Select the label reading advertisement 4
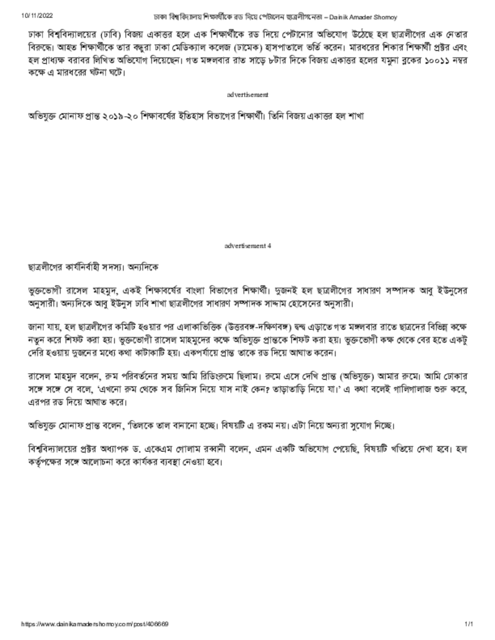coord(247,246)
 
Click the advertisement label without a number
coord(247,94)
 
